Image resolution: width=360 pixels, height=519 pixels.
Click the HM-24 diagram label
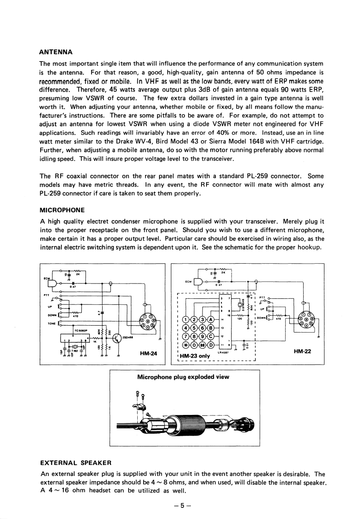[148, 354]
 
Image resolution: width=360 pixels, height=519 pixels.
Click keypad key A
[211, 319]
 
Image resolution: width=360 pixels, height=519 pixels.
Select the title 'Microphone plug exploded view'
[183, 377]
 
